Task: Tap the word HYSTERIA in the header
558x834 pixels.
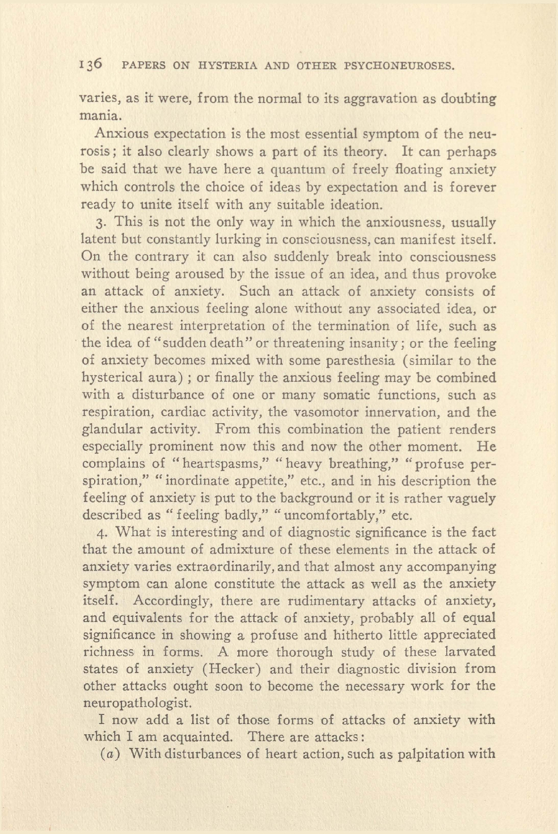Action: (228, 66)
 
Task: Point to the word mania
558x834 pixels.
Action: (100, 116)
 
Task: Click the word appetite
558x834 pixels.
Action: (280, 481)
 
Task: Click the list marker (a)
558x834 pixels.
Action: (104, 754)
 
